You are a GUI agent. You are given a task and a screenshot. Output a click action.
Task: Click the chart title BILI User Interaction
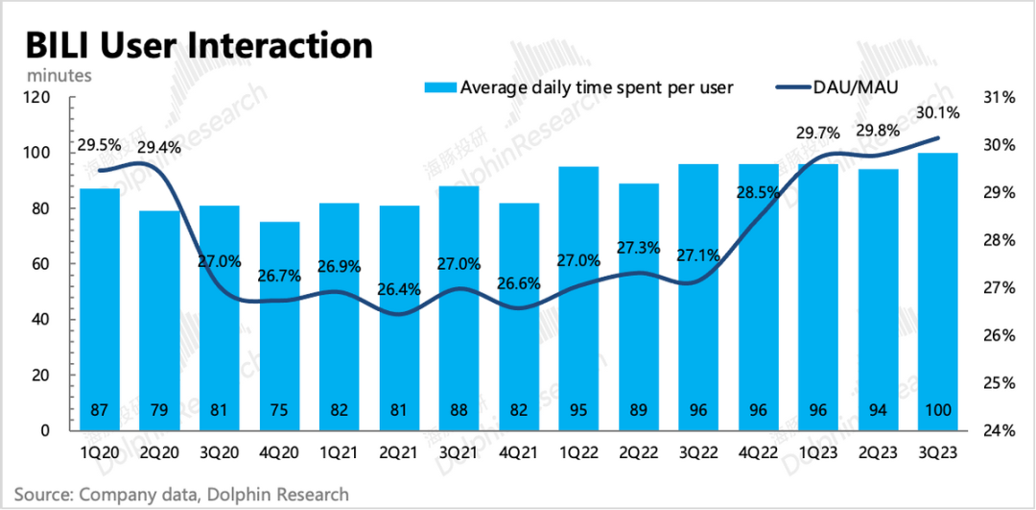[x=199, y=45]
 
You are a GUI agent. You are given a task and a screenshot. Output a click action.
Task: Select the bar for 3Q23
[x=937, y=288]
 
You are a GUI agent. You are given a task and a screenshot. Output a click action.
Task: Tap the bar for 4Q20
[x=280, y=327]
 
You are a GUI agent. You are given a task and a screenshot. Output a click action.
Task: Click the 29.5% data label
[x=100, y=145]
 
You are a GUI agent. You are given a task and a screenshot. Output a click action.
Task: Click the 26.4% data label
[x=398, y=289]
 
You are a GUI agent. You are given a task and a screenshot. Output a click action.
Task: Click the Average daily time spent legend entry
[x=596, y=87]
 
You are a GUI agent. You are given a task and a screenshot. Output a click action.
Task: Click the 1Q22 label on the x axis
[x=578, y=451]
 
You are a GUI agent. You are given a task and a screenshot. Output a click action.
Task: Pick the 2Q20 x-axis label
[x=160, y=451]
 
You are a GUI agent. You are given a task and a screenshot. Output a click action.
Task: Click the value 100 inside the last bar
[x=937, y=410]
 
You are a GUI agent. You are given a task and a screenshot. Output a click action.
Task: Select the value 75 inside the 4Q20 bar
[x=280, y=410]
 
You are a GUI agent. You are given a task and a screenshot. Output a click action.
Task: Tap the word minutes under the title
[x=59, y=73]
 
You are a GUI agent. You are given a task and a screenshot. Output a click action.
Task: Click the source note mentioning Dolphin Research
[x=181, y=495]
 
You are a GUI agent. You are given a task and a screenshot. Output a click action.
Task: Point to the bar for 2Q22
[x=638, y=307]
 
